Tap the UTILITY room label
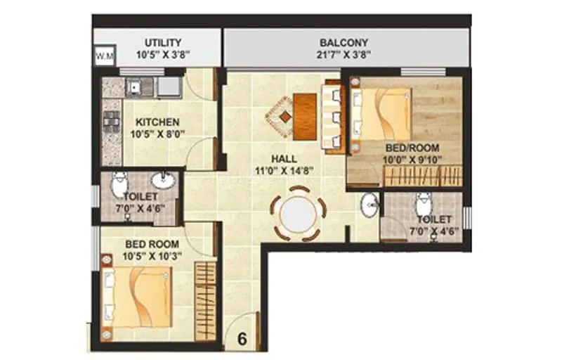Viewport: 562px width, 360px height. pos(162,42)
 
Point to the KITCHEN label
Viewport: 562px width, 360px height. pos(157,122)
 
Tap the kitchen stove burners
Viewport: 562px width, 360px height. pos(110,122)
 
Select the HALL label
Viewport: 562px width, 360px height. pos(282,158)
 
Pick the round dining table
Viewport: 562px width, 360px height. pos(298,212)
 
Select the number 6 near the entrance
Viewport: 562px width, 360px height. pos(242,337)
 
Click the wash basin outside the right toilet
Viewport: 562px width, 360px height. pos(370,205)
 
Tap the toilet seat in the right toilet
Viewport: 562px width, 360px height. pos(423,204)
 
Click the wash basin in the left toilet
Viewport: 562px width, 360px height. pos(163,180)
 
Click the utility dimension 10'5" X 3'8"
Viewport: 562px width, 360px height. pos(162,54)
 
